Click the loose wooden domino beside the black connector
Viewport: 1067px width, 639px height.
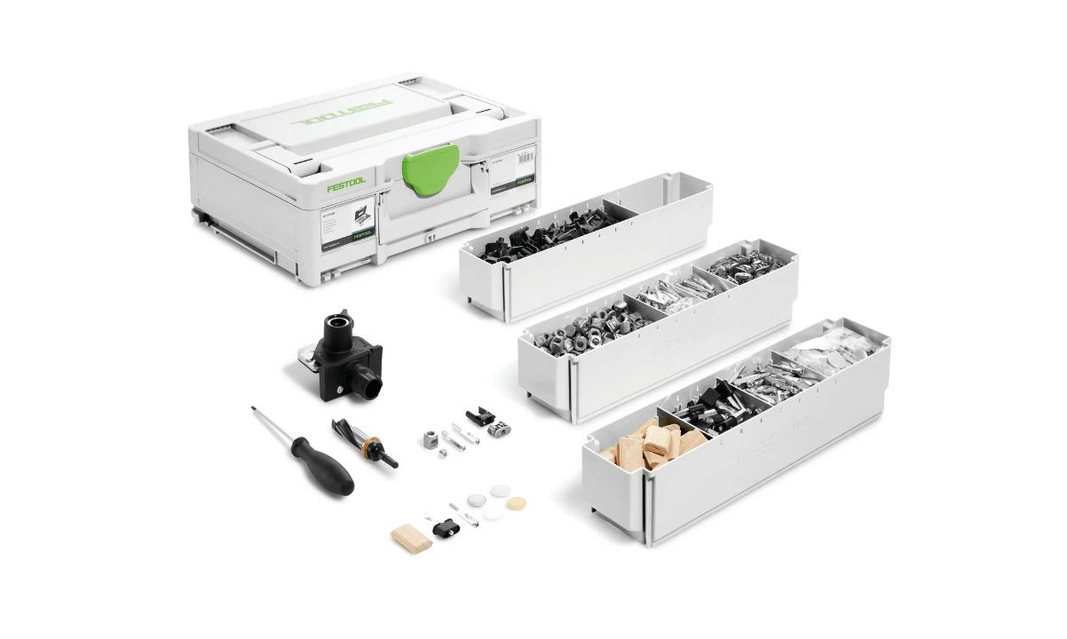[x=412, y=536]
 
